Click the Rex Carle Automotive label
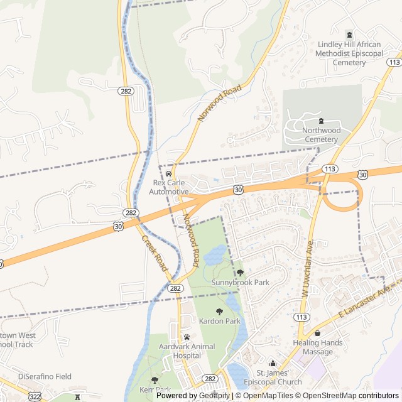170,187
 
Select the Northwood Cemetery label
320,134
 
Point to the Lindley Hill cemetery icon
350,35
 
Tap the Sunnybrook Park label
240,283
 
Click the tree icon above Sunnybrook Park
240,273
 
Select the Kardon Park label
220,321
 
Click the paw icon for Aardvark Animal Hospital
187,337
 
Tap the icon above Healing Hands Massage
317,334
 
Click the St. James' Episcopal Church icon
272,364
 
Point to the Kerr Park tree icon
155,380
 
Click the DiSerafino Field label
45,377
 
